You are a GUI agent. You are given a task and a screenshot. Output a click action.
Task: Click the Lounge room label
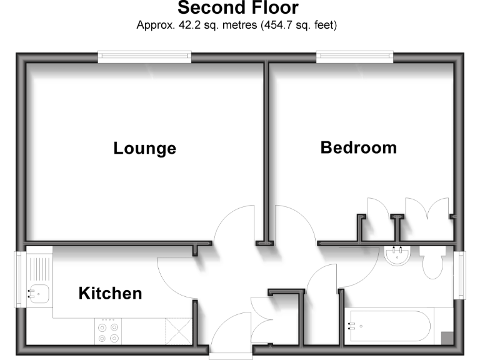click(144, 149)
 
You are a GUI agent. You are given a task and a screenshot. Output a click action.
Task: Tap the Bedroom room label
click(358, 147)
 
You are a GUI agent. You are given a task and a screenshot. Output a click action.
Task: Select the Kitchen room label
click(110, 293)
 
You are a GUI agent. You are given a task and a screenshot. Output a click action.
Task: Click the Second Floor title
click(238, 8)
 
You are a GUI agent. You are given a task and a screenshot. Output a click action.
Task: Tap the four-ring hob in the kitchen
click(108, 331)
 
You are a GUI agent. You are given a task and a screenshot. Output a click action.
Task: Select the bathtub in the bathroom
click(387, 325)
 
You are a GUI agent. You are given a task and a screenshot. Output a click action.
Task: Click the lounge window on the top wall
click(144, 57)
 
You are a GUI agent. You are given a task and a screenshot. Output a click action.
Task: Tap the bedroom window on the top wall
click(356, 57)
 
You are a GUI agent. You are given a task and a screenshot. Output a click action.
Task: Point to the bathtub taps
click(352, 325)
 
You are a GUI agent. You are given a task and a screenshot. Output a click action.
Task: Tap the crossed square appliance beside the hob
click(177, 331)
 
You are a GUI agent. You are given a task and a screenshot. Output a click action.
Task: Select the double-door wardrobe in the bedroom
click(427, 209)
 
